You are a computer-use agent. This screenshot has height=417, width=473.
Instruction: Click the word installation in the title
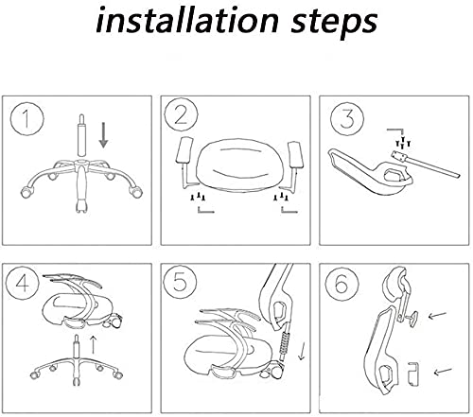point(187,20)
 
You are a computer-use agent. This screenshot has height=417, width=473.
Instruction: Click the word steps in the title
point(334,22)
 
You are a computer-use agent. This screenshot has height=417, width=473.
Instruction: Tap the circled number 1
point(26,119)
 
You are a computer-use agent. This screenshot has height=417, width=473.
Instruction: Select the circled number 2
point(181,115)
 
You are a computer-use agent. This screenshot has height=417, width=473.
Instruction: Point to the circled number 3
point(347,119)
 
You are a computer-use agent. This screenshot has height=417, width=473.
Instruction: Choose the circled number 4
point(22,282)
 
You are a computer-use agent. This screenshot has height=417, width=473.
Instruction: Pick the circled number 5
point(180,282)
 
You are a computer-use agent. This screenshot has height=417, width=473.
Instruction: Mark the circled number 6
point(342,284)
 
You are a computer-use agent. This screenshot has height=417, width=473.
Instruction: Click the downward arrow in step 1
point(103,135)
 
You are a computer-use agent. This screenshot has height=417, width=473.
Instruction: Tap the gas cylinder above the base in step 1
point(81,135)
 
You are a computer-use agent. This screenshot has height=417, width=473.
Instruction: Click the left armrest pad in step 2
point(184,150)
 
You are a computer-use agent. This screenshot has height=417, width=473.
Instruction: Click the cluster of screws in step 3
point(403,143)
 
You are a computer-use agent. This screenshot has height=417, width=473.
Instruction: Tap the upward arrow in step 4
point(93,344)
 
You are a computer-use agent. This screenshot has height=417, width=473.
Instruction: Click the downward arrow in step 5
point(302,351)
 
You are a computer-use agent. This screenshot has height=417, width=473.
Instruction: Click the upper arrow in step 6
point(437,315)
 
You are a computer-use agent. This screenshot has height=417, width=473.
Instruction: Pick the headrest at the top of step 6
point(394,279)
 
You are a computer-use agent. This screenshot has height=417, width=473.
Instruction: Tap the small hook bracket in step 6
point(413,374)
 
